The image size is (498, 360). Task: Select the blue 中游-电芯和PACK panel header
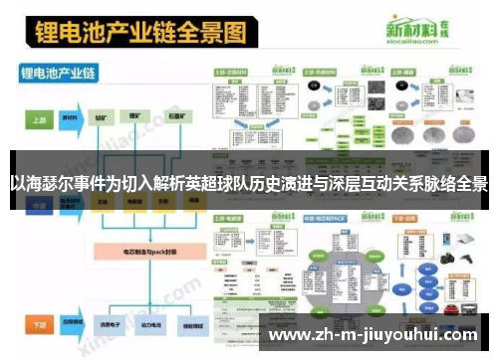tap(328, 215)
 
